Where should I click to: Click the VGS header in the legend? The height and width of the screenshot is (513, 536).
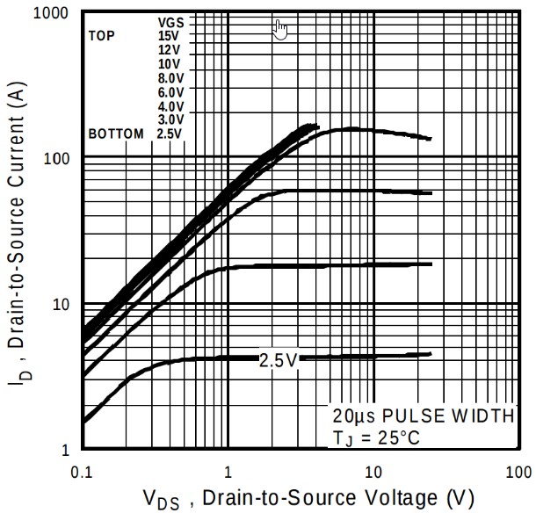click(170, 22)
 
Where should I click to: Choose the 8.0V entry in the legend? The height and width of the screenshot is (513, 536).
click(170, 78)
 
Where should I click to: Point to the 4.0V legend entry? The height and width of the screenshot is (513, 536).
click(170, 106)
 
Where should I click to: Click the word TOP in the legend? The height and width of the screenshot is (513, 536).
click(102, 36)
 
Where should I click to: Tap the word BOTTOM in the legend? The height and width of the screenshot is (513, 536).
click(115, 134)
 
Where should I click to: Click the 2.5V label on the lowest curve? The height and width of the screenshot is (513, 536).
click(279, 360)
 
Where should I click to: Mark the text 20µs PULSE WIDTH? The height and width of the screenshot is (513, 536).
click(422, 415)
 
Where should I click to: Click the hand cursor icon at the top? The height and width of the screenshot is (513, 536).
click(280, 29)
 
